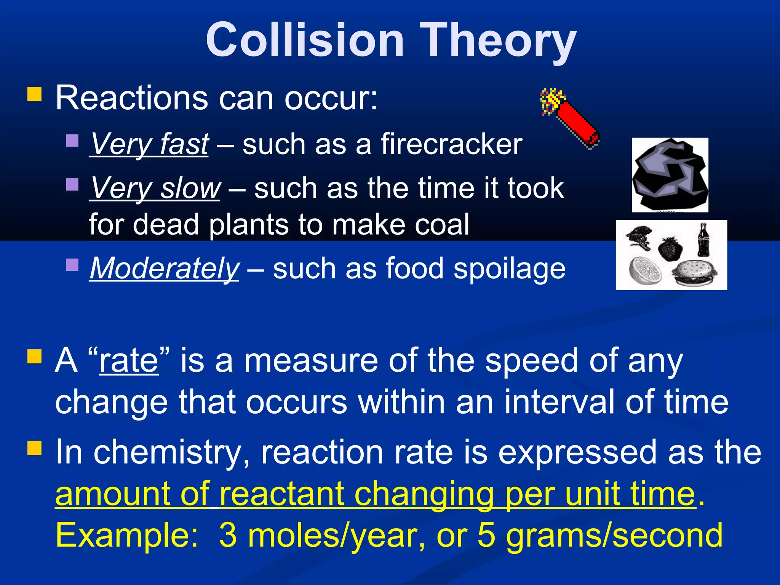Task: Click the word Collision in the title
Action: click(x=305, y=40)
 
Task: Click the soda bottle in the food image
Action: click(x=703, y=240)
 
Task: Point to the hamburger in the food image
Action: click(x=693, y=273)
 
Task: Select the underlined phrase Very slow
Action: click(x=155, y=188)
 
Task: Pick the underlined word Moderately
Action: click(x=164, y=269)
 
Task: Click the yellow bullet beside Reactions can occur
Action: click(x=34, y=94)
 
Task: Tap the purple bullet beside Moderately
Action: click(x=72, y=264)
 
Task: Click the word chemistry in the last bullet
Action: click(x=171, y=452)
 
